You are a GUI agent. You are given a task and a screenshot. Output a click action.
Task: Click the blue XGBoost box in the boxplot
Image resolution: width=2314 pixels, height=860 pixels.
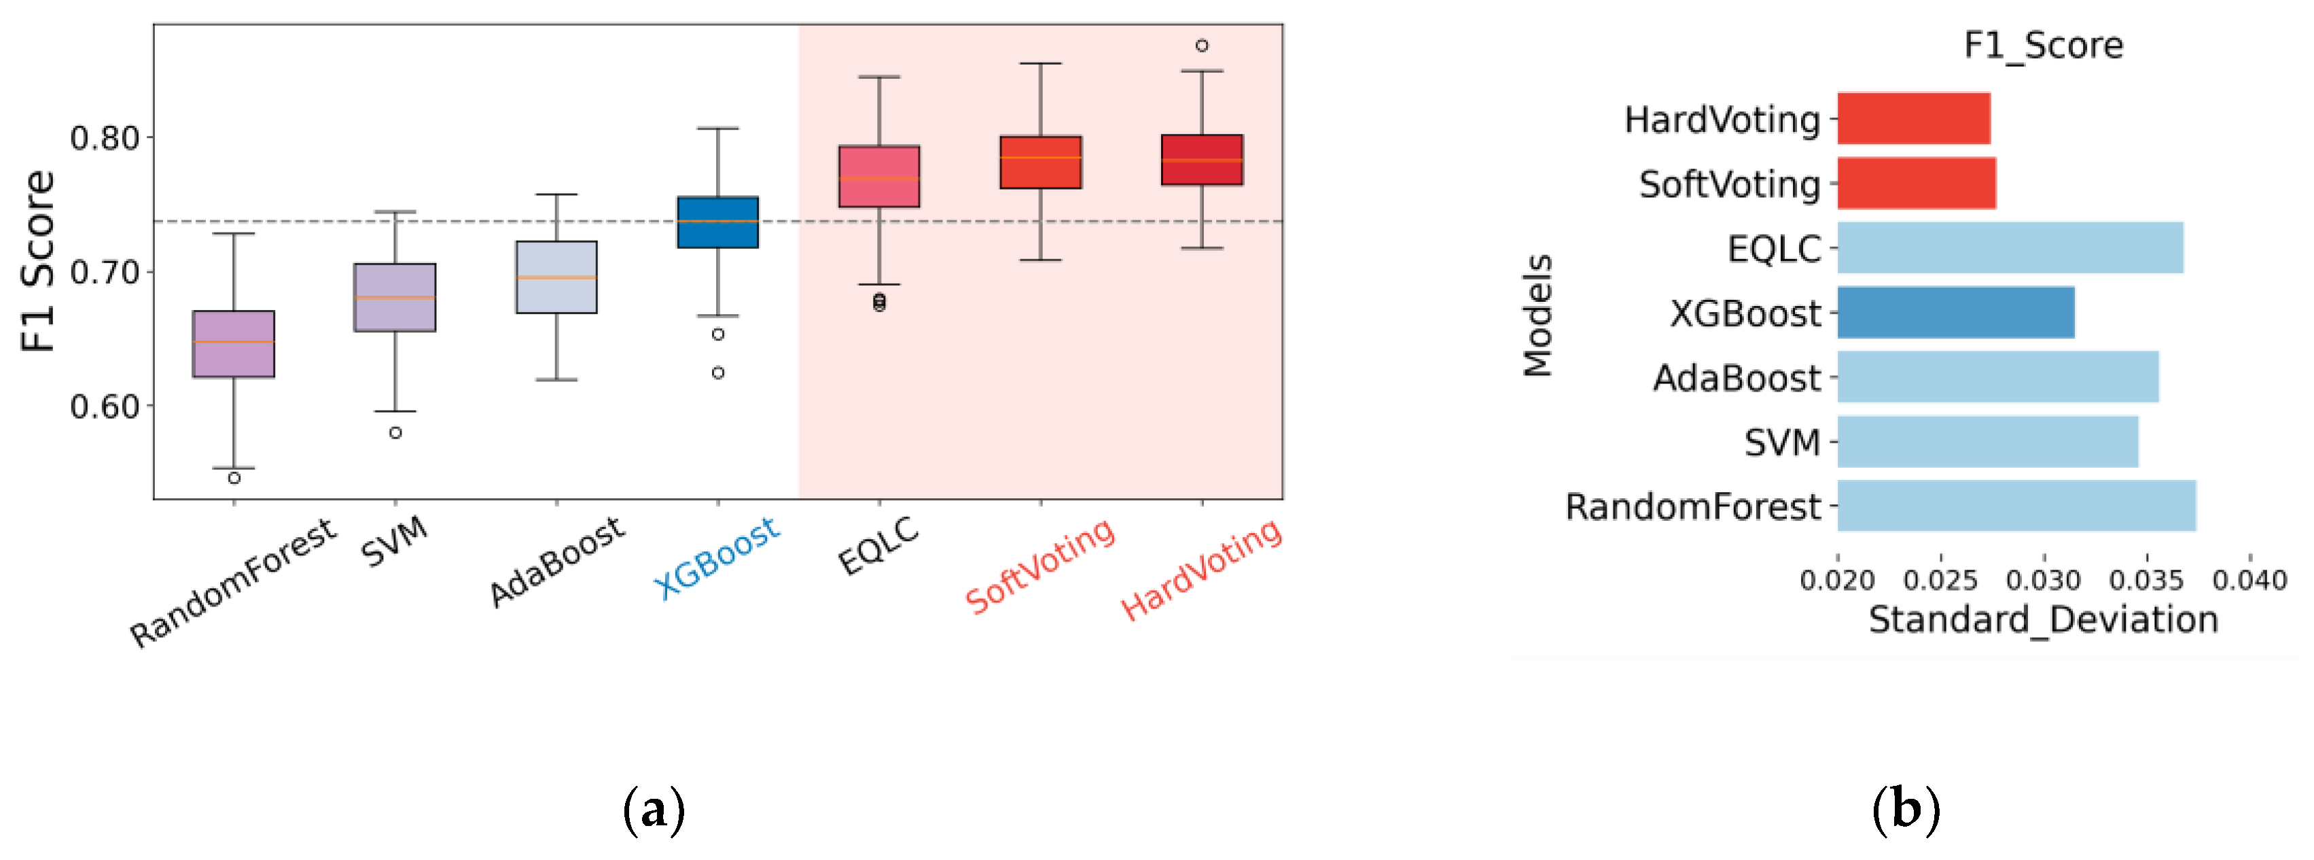pos(717,222)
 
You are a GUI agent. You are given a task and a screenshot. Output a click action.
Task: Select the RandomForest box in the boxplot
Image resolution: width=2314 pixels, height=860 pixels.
pos(234,344)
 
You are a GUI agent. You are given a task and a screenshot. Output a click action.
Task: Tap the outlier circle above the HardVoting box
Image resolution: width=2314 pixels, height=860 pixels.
pos(1201,45)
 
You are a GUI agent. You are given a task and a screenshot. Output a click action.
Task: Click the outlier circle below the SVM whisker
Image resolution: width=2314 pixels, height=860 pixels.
pos(395,432)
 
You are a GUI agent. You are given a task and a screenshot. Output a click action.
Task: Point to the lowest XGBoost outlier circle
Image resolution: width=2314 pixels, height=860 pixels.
pos(717,372)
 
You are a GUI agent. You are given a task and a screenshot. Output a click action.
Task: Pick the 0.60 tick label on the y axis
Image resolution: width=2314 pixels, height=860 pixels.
pos(105,406)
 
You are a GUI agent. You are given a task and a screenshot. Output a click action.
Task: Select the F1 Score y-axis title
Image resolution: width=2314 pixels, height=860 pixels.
pos(38,260)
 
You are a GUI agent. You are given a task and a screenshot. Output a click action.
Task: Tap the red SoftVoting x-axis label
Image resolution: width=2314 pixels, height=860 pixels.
pos(1039,566)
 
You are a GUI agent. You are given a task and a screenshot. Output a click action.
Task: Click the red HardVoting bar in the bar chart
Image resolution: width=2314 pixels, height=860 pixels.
pos(1912,118)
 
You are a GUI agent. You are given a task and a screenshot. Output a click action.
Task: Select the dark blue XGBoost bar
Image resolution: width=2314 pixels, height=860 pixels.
pos(1955,313)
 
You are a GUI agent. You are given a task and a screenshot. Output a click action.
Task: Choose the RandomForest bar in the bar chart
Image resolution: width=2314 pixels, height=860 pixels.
pos(2016,506)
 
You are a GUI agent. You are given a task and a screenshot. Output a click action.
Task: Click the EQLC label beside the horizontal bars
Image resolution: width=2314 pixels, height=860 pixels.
pos(1773,249)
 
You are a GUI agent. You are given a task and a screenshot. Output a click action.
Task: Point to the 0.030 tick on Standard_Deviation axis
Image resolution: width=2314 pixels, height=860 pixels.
pos(2043,581)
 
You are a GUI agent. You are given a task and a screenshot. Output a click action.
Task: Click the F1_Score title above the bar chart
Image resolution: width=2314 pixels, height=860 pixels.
pos(2043,45)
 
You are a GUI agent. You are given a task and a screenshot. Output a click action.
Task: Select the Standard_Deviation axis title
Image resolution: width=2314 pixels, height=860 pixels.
pos(2043,620)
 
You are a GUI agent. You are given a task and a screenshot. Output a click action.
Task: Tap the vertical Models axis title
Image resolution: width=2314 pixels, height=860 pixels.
pos(1537,315)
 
